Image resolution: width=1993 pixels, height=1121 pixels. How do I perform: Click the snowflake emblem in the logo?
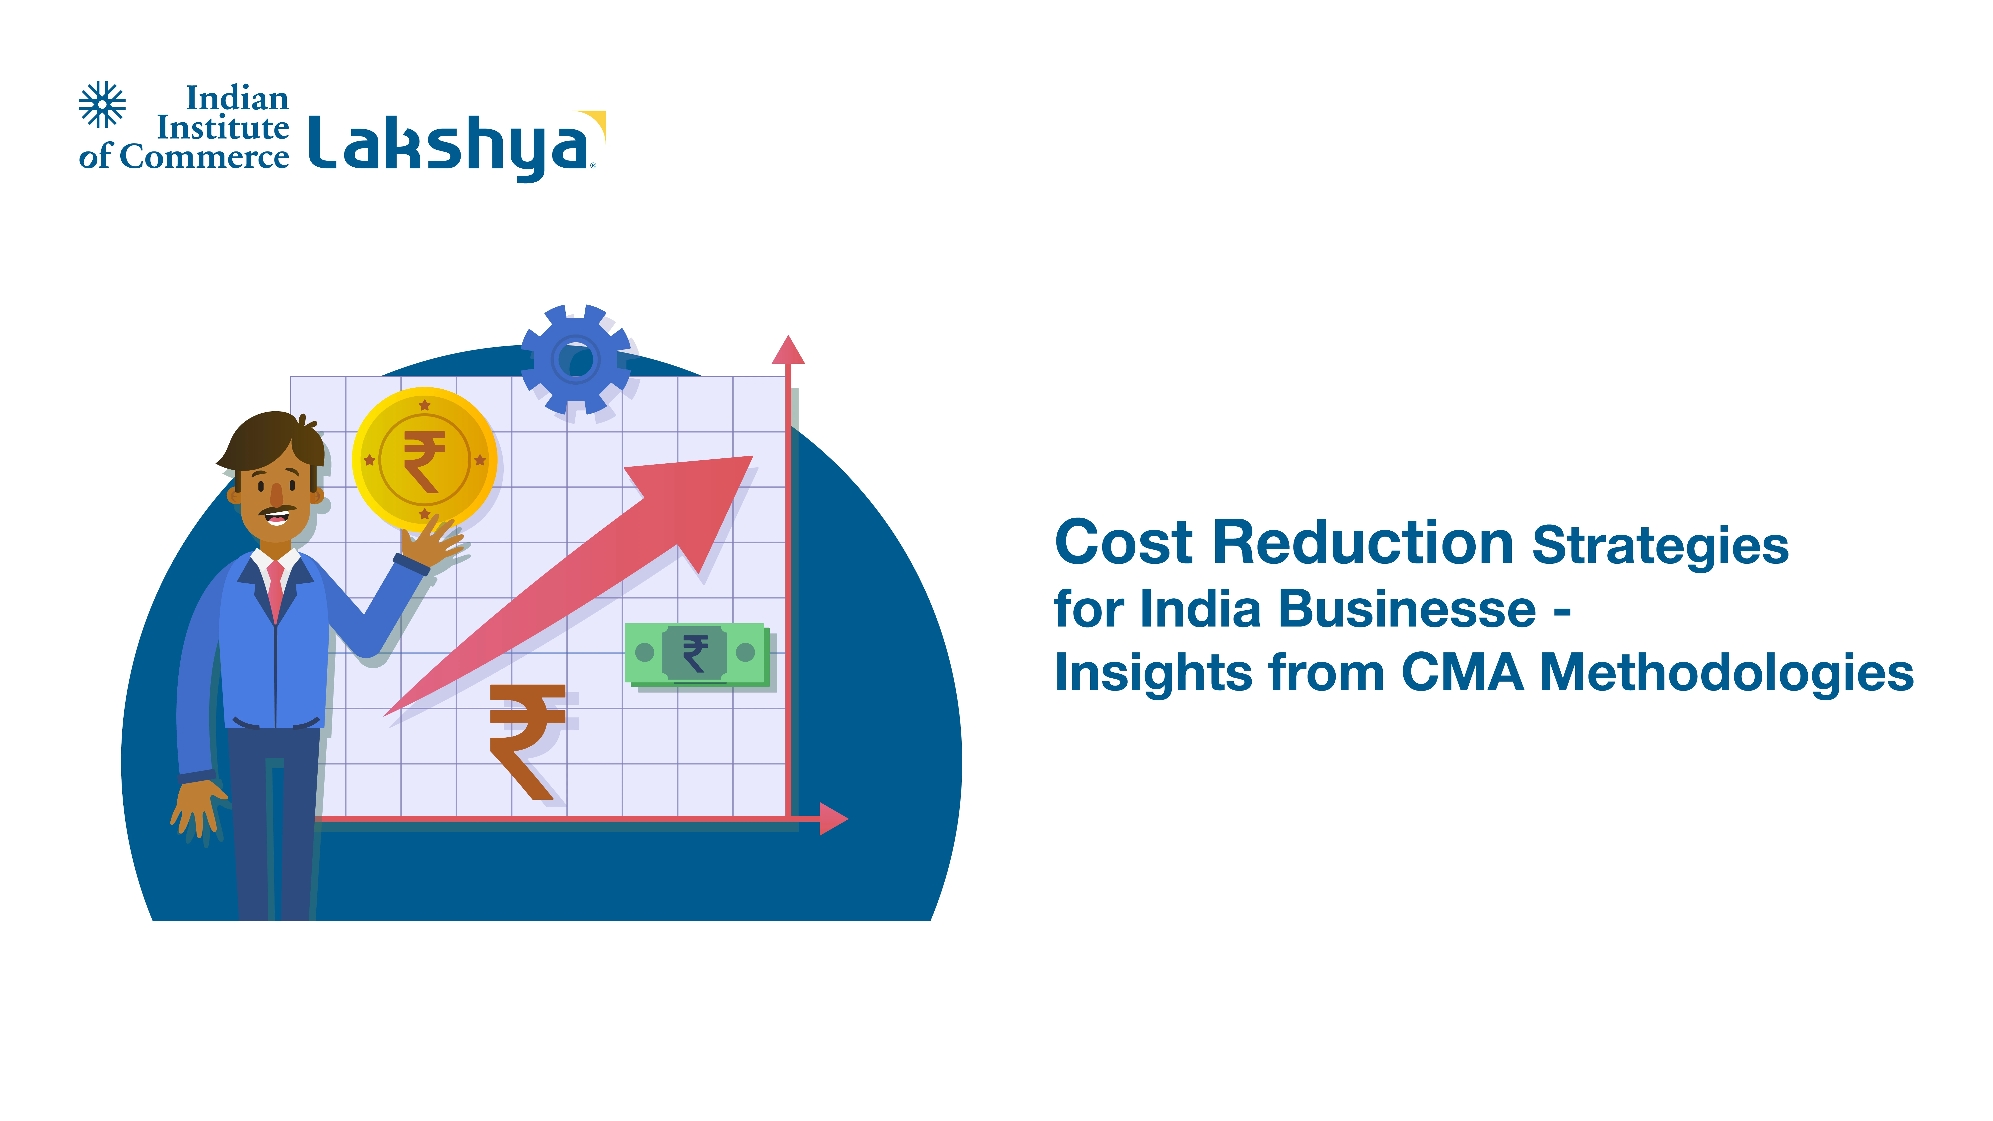pos(102,104)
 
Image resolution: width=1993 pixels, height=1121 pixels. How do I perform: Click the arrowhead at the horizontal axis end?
pos(833,819)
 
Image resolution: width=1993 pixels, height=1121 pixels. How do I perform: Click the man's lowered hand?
pos(198,808)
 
